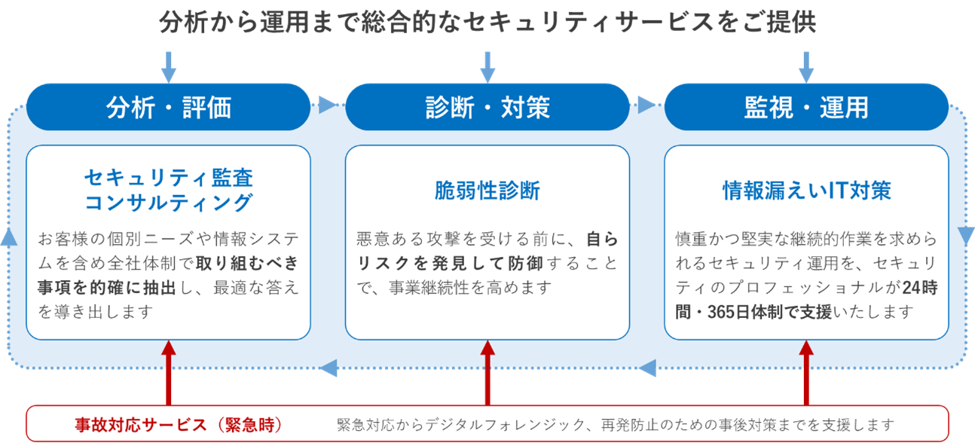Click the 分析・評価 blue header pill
pyautogui.click(x=168, y=107)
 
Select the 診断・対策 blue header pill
pyautogui.click(x=487, y=107)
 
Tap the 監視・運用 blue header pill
pyautogui.click(x=805, y=107)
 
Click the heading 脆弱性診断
pyautogui.click(x=487, y=191)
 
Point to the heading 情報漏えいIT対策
pyautogui.click(x=806, y=191)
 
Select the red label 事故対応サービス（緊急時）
pyautogui.click(x=179, y=425)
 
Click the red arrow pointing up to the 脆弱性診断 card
pyautogui.click(x=487, y=373)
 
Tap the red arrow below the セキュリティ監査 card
pyautogui.click(x=169, y=373)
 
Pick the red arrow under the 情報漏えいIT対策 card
pyautogui.click(x=806, y=373)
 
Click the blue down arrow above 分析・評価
pyautogui.click(x=169, y=66)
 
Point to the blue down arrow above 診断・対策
pyautogui.click(x=487, y=66)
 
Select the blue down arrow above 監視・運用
pyautogui.click(x=806, y=66)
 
